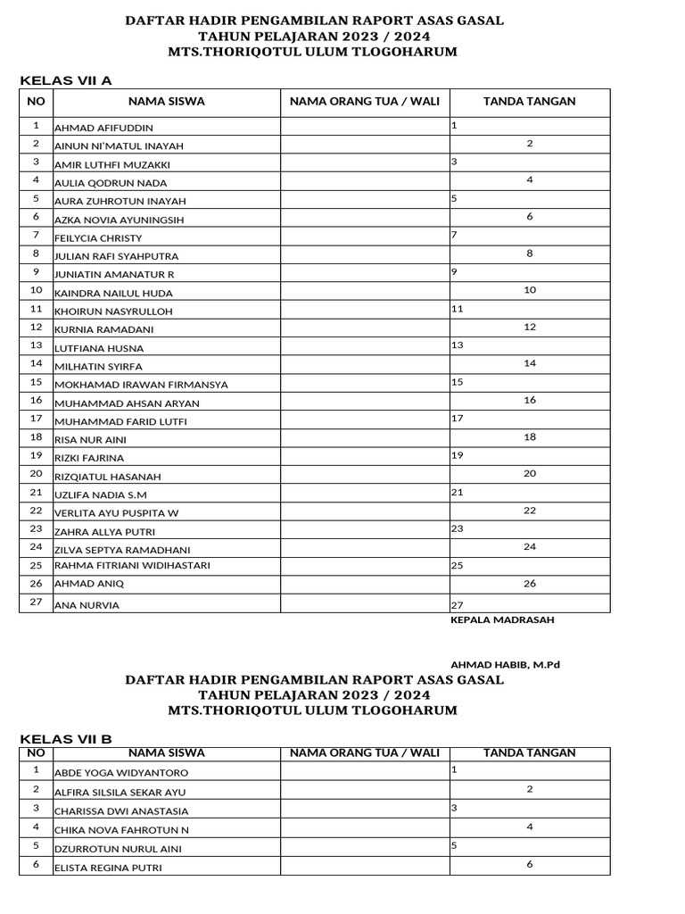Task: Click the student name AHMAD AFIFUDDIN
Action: tap(103, 129)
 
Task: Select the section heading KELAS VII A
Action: tap(66, 81)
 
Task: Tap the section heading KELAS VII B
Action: tap(66, 739)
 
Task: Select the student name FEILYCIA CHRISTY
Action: tap(98, 238)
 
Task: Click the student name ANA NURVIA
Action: tap(87, 605)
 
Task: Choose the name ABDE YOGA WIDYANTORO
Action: tap(121, 773)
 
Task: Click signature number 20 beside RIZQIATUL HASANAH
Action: tap(530, 473)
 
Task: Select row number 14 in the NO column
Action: tap(37, 363)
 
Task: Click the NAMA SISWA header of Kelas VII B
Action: tap(166, 753)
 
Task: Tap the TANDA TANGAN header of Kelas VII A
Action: tap(529, 102)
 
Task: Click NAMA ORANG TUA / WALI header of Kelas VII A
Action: tap(365, 102)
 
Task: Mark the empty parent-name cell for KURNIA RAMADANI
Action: tap(365, 328)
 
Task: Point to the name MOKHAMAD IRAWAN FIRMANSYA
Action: tap(142, 385)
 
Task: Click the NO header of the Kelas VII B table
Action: tap(37, 753)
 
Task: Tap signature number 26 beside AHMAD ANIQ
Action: tap(530, 584)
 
